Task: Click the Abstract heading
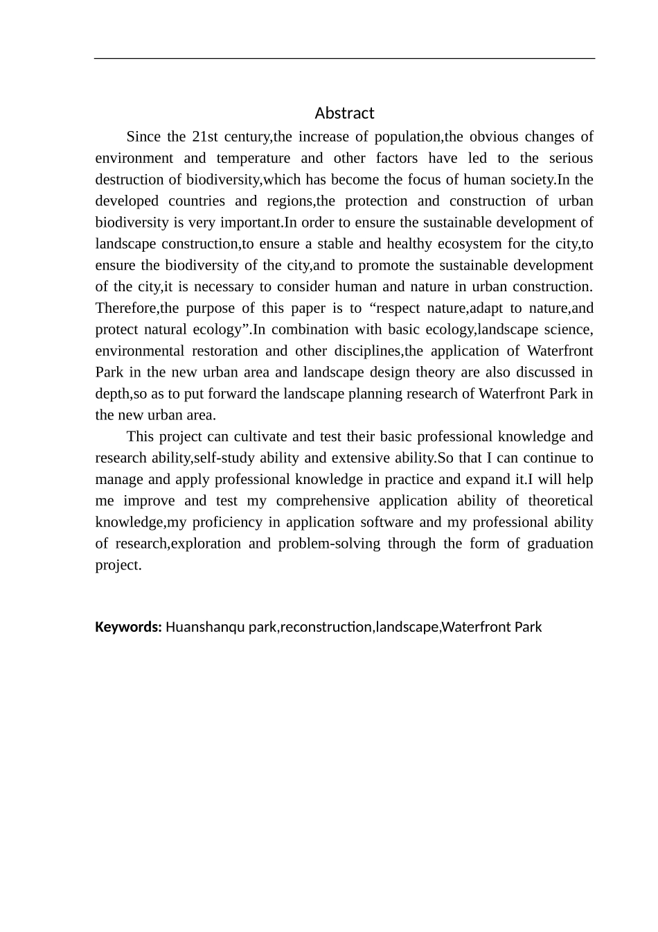(344, 113)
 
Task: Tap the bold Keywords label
(128, 628)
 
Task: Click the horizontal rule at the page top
(344, 59)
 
